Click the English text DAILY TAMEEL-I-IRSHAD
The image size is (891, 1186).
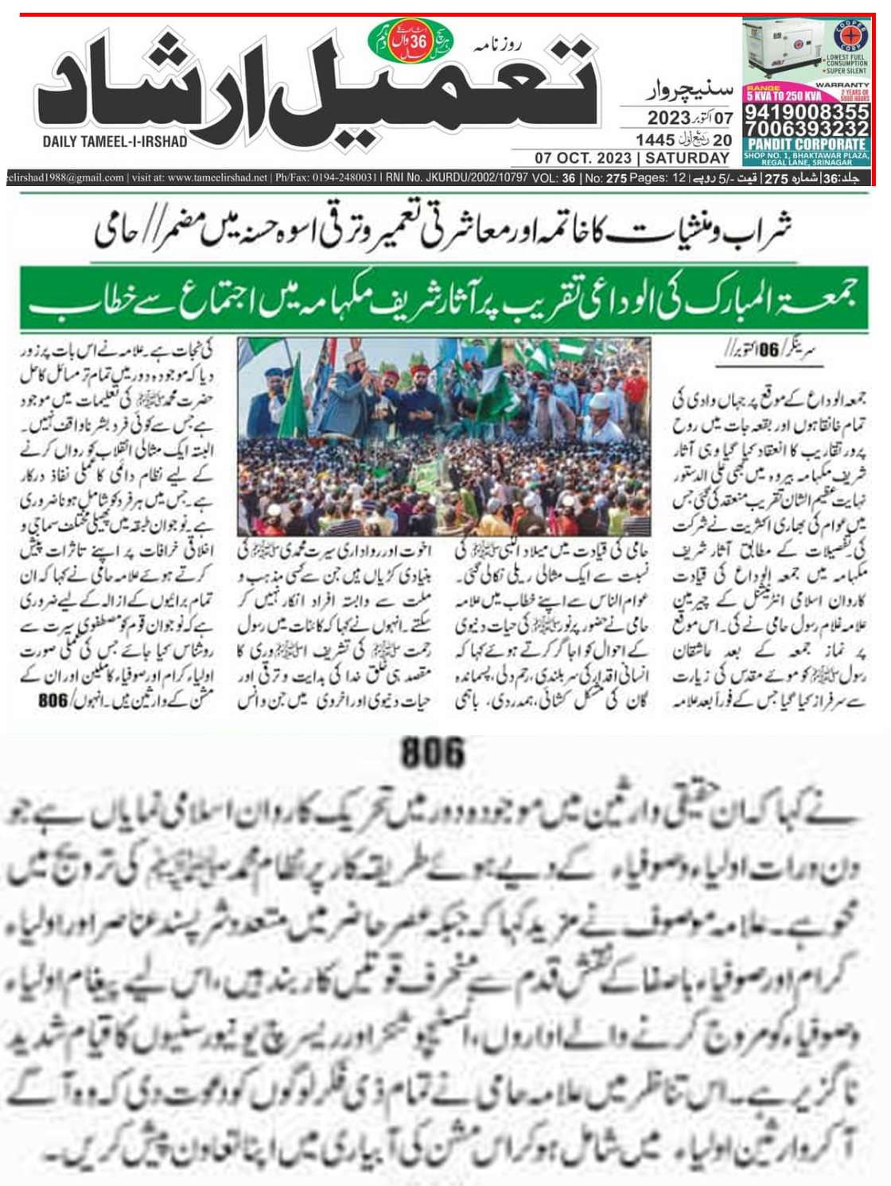(x=115, y=142)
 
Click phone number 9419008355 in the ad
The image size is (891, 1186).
(x=806, y=112)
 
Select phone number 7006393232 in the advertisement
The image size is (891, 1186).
(x=806, y=129)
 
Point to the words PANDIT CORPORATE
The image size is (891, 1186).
(x=806, y=145)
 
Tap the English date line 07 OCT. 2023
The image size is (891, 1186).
(x=582, y=158)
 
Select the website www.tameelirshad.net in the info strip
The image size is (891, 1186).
(x=217, y=178)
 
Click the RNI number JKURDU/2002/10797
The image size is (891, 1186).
(x=477, y=178)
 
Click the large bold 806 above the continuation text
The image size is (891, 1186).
(x=432, y=752)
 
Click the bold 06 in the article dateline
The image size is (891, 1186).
(x=768, y=351)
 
